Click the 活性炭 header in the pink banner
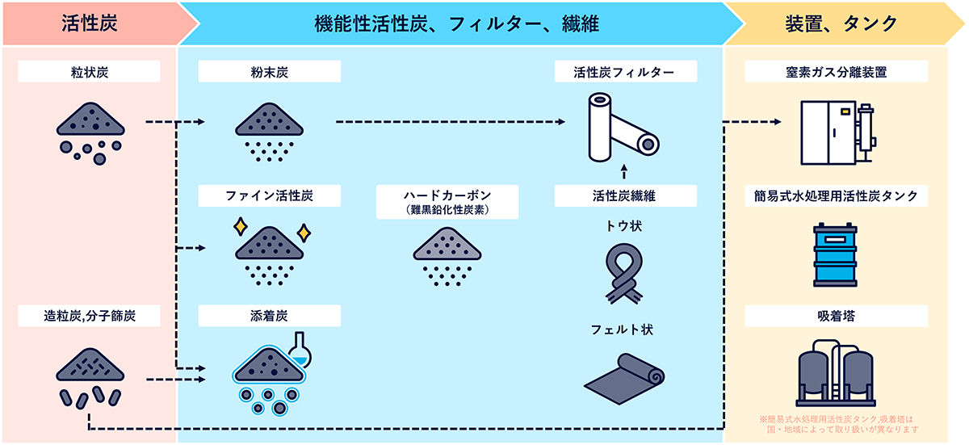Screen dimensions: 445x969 click(x=90, y=23)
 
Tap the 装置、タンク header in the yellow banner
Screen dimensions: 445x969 click(x=841, y=23)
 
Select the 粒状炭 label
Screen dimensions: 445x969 click(x=90, y=72)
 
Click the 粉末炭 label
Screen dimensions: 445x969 click(x=270, y=72)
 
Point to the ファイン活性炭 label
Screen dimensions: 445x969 click(x=270, y=195)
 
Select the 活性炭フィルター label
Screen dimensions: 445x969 click(x=626, y=72)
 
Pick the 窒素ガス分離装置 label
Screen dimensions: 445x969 click(x=837, y=72)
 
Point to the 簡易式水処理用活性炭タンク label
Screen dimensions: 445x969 click(x=837, y=195)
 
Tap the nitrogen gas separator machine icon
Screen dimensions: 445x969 click(x=837, y=130)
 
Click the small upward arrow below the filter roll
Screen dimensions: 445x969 click(x=625, y=170)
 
